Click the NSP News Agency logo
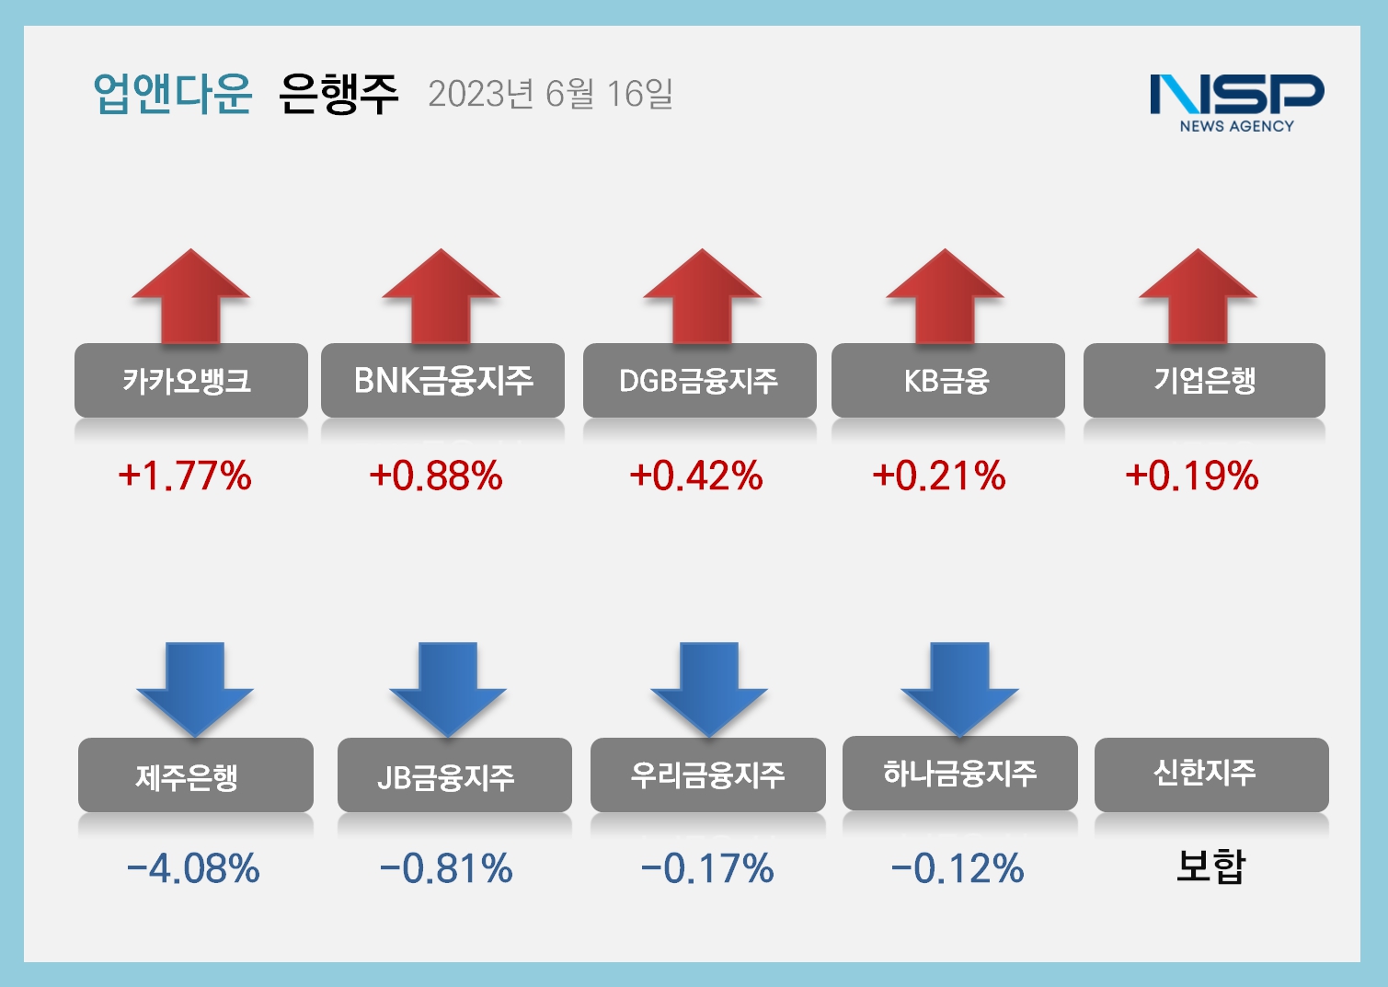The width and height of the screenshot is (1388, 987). [x=1236, y=102]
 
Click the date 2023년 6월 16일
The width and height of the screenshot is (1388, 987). [x=550, y=94]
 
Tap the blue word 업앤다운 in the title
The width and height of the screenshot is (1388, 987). [x=172, y=93]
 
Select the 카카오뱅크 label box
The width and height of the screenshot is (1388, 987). [x=191, y=380]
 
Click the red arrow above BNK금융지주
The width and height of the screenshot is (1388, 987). [x=441, y=296]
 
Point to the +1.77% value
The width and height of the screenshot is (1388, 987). [x=185, y=476]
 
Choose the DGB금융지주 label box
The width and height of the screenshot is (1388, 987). [x=699, y=380]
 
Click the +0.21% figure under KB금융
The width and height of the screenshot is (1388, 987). [x=939, y=476]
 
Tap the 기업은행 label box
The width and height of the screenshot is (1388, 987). [x=1204, y=380]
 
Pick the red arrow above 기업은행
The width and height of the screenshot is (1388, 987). [x=1198, y=296]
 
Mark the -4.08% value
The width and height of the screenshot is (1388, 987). [x=193, y=868]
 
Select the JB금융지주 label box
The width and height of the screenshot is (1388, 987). [x=454, y=775]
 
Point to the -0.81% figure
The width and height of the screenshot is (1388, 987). [x=446, y=868]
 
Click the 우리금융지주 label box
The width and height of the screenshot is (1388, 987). [x=707, y=775]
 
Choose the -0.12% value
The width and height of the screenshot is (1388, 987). [x=958, y=868]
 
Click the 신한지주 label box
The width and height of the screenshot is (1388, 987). [x=1211, y=774]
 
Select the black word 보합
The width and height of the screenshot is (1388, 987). [x=1210, y=866]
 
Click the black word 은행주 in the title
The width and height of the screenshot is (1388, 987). [x=338, y=93]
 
